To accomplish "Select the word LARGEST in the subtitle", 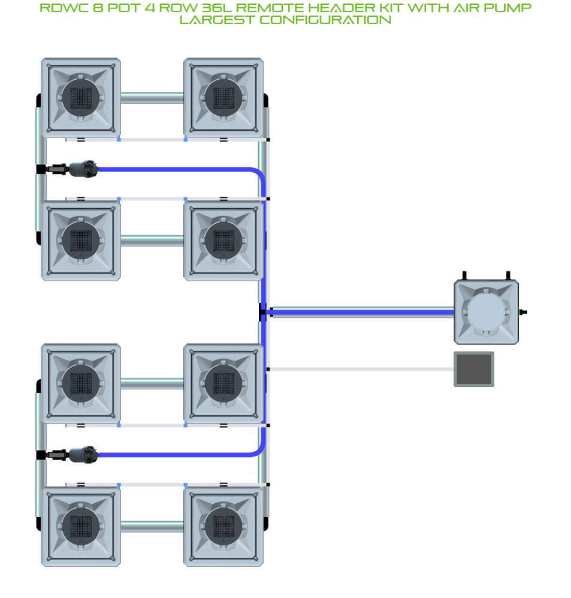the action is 216,20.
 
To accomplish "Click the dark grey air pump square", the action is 474,369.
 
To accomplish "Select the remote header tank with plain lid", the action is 486,312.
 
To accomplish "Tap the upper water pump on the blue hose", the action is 83,169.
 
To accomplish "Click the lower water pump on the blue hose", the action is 83,455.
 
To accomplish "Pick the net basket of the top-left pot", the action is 81,98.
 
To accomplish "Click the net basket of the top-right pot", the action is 223,98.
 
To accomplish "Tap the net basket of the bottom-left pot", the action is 81,526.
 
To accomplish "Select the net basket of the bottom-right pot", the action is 223,526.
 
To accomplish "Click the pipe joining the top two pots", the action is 152,98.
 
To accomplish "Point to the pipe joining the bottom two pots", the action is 152,526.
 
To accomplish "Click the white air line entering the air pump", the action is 362,369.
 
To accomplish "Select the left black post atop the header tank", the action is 464,275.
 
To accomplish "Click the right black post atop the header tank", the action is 508,275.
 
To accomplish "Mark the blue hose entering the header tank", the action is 362,312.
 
